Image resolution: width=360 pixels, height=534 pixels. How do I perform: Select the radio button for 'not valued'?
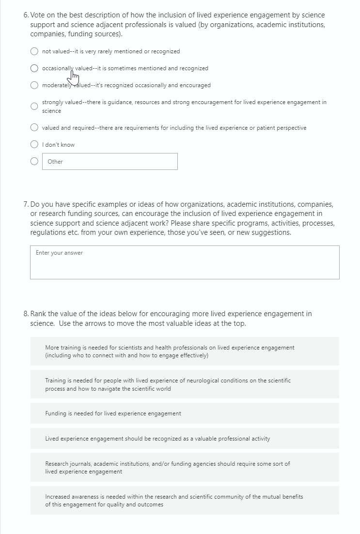point(35,51)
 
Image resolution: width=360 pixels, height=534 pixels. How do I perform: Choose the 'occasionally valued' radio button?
point(35,68)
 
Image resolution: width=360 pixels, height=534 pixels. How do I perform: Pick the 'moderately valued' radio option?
point(35,85)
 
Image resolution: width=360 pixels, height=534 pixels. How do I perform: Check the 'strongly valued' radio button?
point(35,107)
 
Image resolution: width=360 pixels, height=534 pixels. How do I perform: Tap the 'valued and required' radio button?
point(35,128)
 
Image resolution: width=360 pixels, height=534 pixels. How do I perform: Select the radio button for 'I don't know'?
point(35,145)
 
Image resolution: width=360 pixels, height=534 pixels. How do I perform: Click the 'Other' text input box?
point(110,162)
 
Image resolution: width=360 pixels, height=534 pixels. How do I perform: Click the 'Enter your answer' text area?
point(185,262)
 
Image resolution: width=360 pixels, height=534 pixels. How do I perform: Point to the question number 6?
point(26,15)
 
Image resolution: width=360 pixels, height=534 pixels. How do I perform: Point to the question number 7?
point(26,205)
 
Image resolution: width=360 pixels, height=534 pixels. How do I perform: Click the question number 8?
point(26,314)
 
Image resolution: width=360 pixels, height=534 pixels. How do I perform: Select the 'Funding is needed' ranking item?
point(185,413)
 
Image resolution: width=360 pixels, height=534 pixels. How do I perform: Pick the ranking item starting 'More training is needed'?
point(185,351)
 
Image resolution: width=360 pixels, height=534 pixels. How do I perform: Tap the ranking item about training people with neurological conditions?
point(185,384)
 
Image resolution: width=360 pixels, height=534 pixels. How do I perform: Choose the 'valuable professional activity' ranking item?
point(185,439)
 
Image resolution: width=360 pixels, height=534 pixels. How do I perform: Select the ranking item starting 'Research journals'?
point(185,468)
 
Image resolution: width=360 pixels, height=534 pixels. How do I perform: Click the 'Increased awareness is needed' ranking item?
point(185,501)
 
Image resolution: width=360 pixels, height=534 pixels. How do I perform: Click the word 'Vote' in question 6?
point(40,15)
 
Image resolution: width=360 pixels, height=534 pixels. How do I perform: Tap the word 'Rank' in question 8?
point(39,314)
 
